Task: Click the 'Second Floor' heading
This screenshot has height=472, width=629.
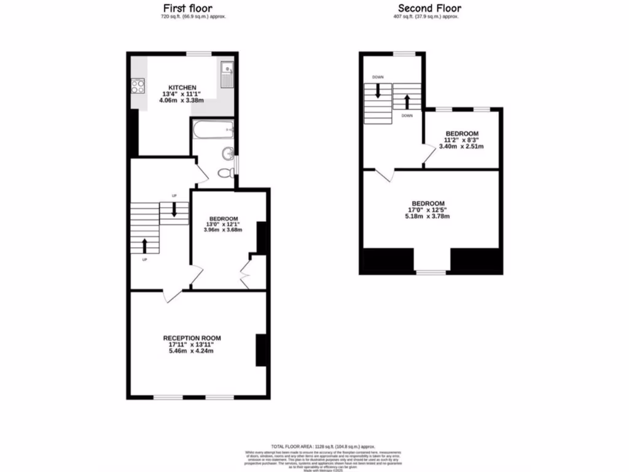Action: click(429, 8)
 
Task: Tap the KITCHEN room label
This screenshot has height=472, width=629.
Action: click(182, 88)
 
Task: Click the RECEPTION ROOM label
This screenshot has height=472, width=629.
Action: click(192, 338)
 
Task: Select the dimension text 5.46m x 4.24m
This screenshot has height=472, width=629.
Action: click(192, 352)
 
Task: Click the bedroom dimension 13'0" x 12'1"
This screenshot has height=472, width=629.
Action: click(224, 224)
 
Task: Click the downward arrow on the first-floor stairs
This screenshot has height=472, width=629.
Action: click(174, 209)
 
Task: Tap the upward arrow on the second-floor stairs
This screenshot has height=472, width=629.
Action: click(406, 100)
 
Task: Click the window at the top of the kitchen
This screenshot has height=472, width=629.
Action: click(199, 54)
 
